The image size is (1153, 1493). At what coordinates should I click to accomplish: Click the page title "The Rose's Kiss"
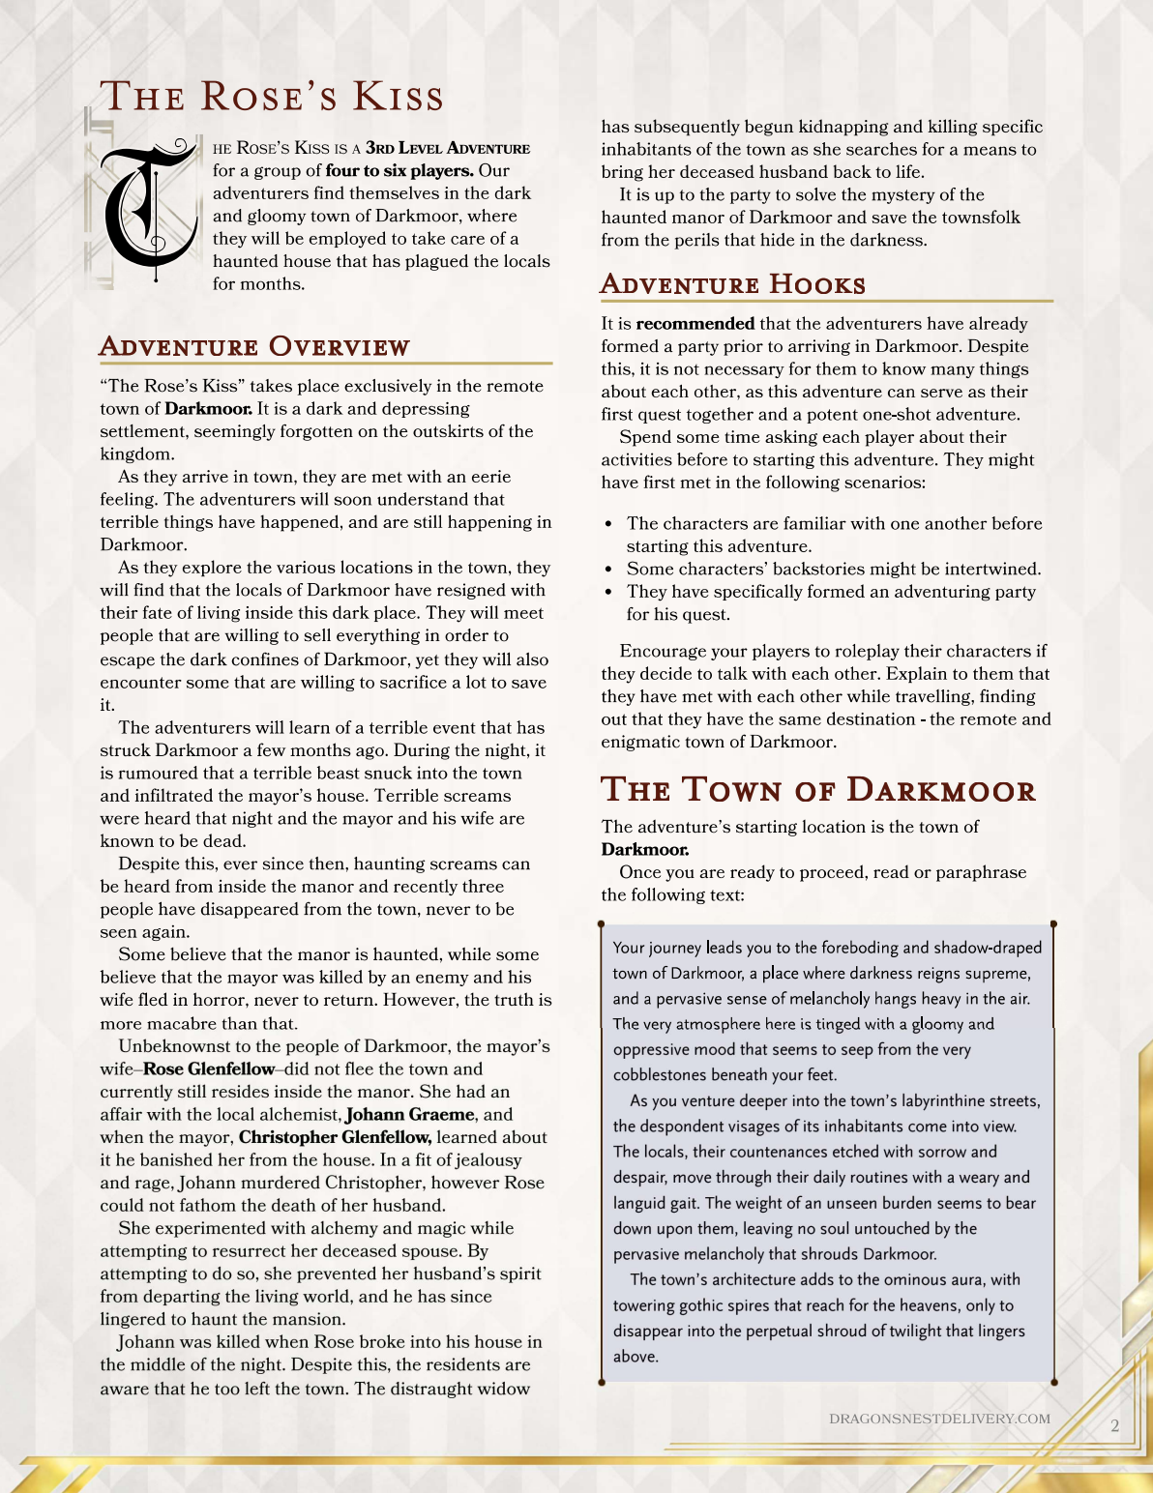[272, 97]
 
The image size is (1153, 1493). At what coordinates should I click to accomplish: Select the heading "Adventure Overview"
[254, 347]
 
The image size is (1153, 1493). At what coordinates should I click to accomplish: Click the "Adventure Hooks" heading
[732, 284]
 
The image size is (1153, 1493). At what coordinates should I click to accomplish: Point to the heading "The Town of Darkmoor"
[818, 790]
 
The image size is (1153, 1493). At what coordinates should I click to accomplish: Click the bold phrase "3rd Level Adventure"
[448, 148]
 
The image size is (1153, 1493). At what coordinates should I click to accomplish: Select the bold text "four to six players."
[399, 171]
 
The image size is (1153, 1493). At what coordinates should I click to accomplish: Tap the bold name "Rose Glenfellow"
[209, 1069]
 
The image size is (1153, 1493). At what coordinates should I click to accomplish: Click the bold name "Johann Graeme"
[410, 1115]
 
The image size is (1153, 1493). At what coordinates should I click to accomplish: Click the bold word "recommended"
[695, 324]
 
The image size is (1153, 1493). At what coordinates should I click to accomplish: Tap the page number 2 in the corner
[1115, 1426]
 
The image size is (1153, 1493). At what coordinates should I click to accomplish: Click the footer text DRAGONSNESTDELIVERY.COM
[939, 1419]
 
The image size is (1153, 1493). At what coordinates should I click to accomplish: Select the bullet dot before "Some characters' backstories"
[608, 570]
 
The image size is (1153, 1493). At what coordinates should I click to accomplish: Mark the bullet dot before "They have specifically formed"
[608, 592]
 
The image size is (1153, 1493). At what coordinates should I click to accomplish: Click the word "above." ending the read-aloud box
[636, 1357]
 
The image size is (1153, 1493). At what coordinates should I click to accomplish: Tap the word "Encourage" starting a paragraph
[662, 652]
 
